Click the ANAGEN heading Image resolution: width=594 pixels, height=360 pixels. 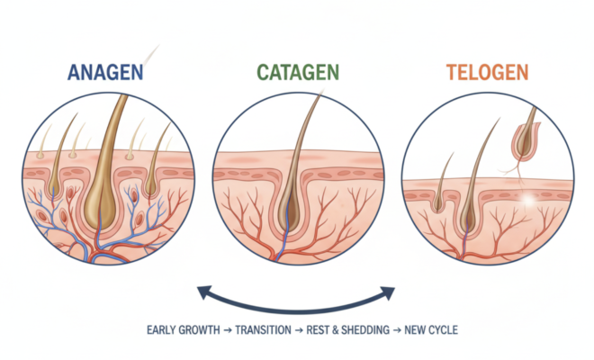pos(105,72)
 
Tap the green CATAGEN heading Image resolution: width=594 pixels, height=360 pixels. pos(298,72)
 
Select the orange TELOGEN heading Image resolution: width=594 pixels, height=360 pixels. pos(487,72)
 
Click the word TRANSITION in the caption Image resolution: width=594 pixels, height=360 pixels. pos(264,330)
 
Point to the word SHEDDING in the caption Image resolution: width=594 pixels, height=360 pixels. pos(365,330)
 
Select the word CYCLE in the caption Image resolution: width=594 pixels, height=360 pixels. pos(443,330)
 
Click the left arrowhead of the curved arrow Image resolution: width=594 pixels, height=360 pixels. pos(204,292)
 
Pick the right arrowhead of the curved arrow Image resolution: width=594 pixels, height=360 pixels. pos(388,292)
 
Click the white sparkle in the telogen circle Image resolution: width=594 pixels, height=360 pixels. pos(528,199)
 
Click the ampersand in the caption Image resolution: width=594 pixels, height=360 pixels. pos(336,330)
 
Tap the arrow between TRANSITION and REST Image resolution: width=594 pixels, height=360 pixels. pos(299,330)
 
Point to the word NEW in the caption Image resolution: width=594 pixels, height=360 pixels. pos(414,330)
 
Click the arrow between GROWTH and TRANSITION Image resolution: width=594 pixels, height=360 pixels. pos(228,330)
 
